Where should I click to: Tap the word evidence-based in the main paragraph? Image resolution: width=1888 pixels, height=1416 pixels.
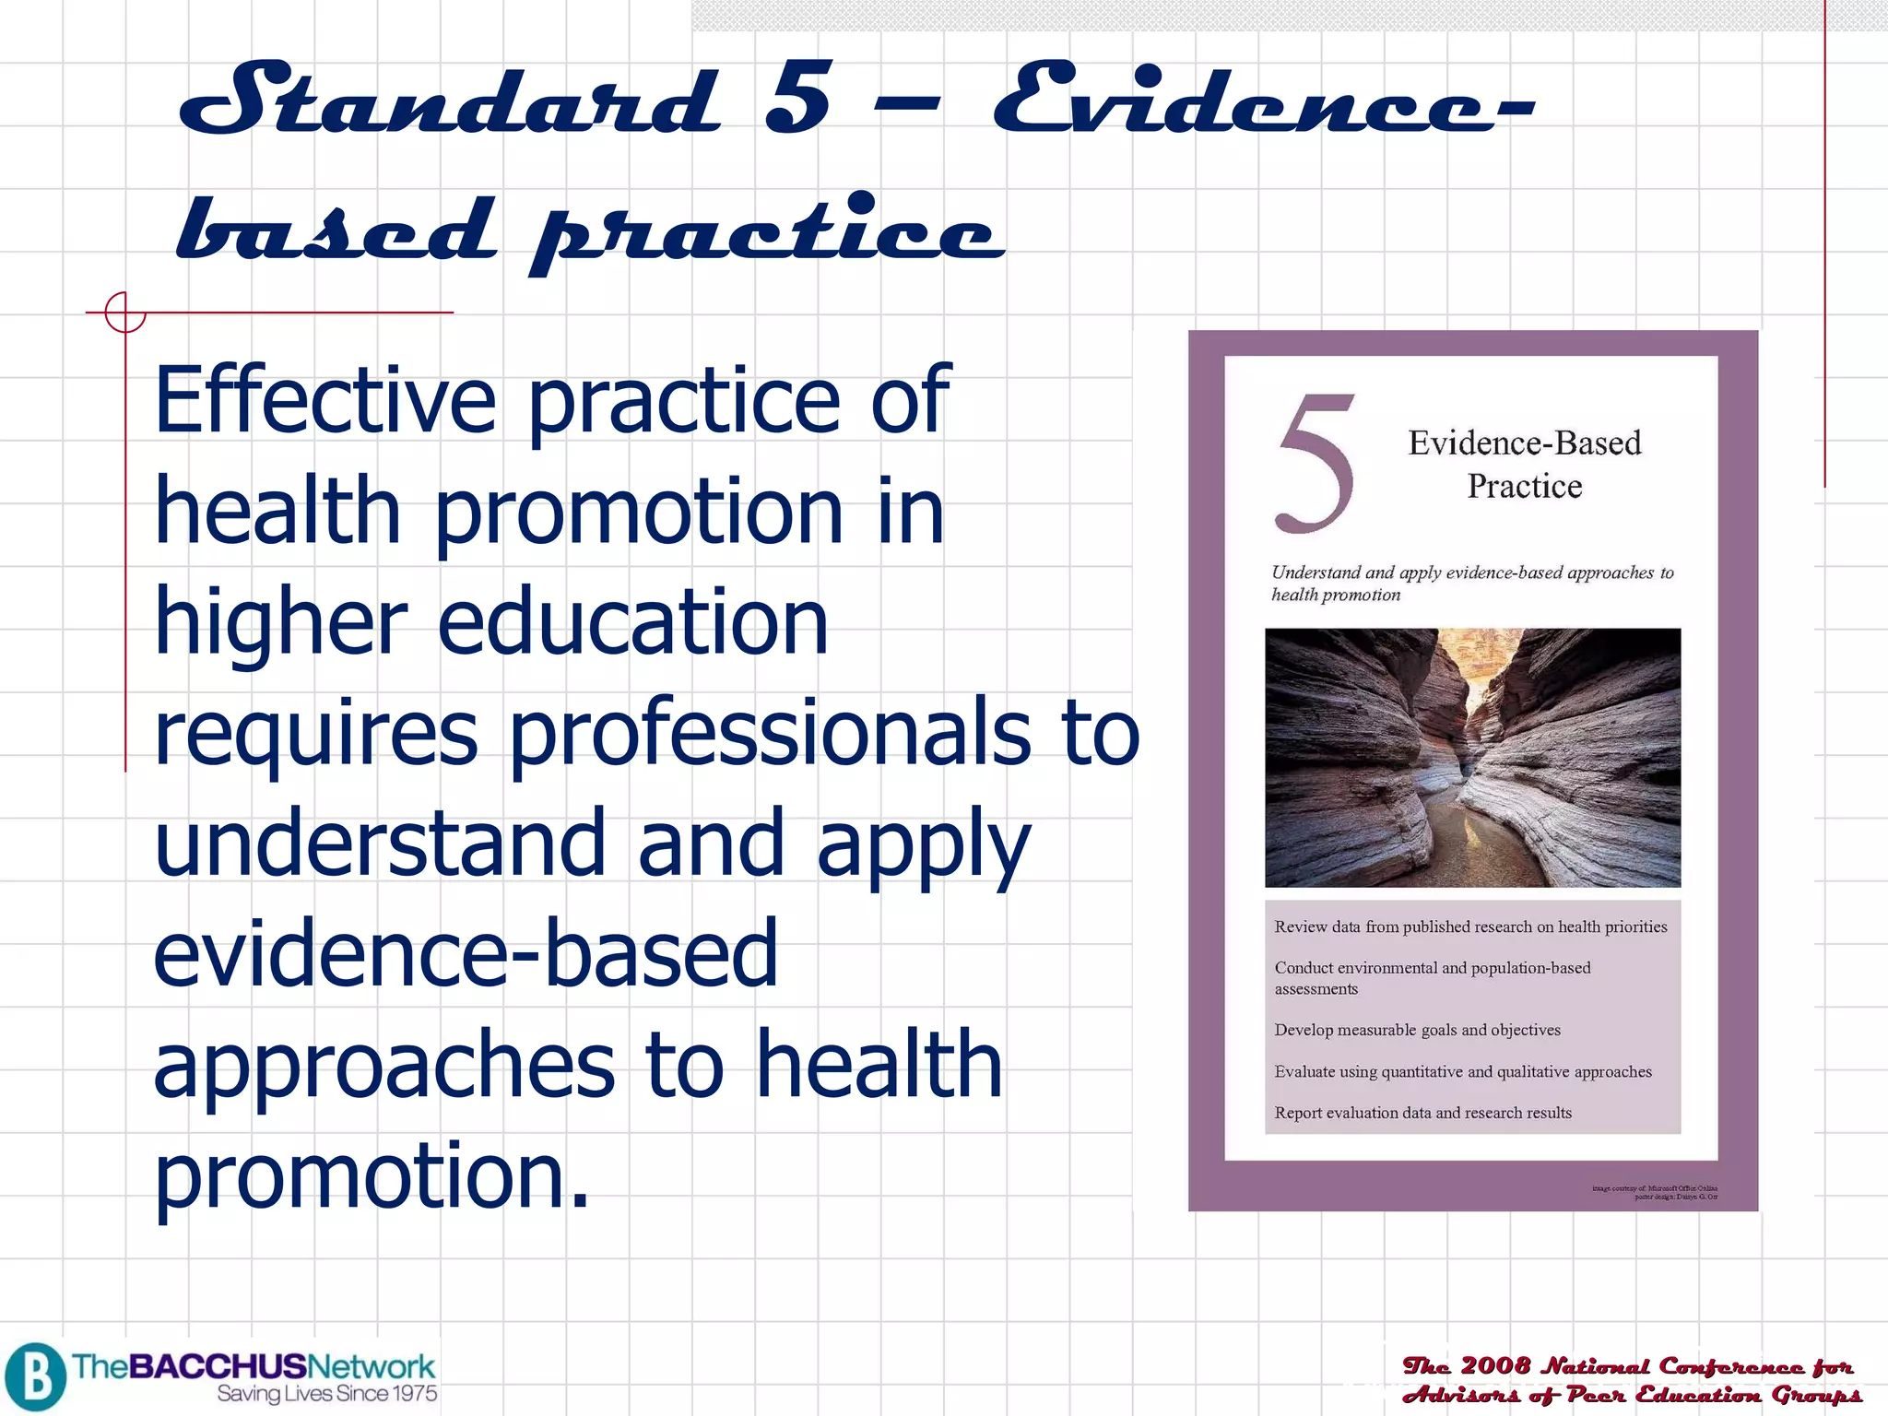point(466,953)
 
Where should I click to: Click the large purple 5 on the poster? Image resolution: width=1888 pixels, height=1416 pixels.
point(1316,464)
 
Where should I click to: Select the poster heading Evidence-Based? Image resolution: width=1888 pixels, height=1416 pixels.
point(1525,443)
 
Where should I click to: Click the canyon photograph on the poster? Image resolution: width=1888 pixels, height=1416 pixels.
point(1472,757)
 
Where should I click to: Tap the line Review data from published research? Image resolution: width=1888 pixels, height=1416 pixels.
point(1470,926)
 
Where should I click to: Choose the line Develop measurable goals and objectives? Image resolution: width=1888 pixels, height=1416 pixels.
point(1417,1030)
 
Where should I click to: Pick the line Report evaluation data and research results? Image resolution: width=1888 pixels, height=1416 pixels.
point(1422,1113)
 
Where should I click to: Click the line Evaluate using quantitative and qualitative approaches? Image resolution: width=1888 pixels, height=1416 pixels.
point(1463,1071)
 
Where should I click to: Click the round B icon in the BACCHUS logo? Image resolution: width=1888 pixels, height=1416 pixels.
point(35,1377)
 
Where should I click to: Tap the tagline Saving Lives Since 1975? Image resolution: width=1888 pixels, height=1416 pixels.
point(327,1394)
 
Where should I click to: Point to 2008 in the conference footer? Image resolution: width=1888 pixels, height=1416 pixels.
point(1494,1365)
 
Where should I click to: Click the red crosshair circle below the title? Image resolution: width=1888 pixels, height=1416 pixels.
point(124,313)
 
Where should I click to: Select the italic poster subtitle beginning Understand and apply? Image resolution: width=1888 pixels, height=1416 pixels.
point(1471,583)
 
